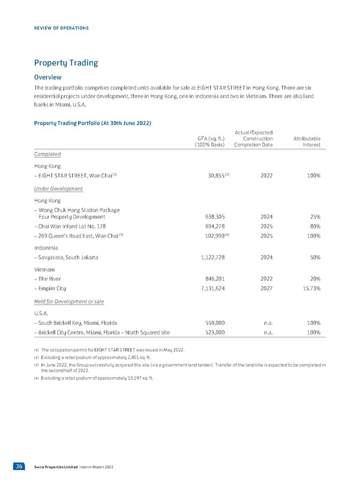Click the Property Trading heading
[66, 63]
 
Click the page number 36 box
[26, 466]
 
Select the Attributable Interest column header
[307, 141]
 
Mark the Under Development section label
[58, 188]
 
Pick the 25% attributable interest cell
[313, 216]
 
